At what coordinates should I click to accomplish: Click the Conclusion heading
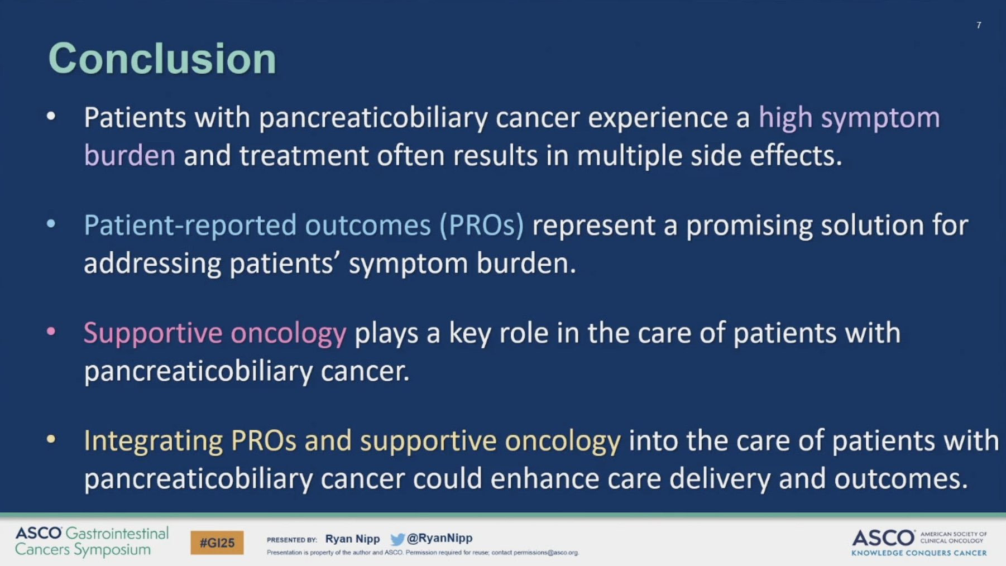coord(162,59)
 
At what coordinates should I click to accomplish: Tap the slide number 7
coord(979,25)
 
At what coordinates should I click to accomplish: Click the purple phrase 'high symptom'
coord(849,118)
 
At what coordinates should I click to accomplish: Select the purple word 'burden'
coord(130,155)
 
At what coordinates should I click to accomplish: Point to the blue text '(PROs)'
coord(482,225)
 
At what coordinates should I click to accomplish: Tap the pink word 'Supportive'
coord(153,334)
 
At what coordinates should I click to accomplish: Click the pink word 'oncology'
coord(289,334)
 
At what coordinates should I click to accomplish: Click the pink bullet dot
coord(51,332)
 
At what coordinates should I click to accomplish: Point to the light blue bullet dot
coord(51,224)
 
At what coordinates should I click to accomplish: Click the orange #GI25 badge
coord(217,543)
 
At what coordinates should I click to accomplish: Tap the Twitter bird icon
coord(397,539)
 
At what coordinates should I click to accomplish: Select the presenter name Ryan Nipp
coord(352,539)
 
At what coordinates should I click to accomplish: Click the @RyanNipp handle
coord(439,538)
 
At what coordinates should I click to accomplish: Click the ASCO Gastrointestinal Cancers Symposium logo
coord(92,541)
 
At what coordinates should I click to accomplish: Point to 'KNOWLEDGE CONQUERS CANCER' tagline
coord(919,553)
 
